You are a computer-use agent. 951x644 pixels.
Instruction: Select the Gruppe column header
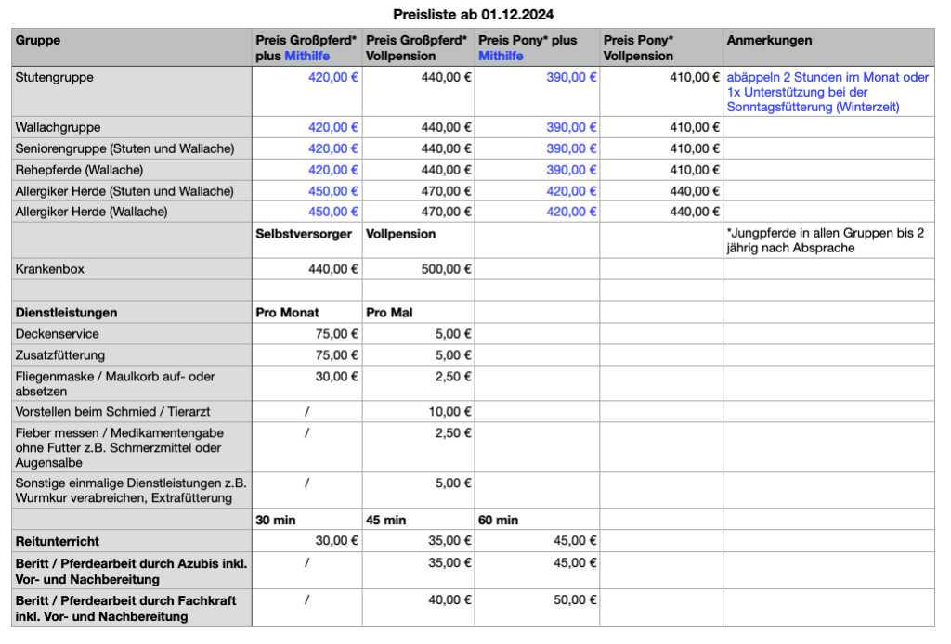tap(38, 41)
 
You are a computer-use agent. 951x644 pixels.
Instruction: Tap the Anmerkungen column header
tap(769, 41)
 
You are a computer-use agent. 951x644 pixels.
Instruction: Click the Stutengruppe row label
tap(55, 78)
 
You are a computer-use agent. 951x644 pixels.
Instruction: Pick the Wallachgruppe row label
tap(59, 127)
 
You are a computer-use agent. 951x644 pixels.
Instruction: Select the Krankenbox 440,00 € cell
tap(333, 270)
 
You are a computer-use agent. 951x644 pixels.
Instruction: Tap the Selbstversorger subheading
tap(304, 235)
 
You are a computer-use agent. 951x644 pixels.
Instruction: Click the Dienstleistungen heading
tap(67, 313)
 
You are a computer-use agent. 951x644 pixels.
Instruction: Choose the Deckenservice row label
tap(58, 334)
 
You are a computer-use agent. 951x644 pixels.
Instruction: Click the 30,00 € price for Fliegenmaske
tap(337, 377)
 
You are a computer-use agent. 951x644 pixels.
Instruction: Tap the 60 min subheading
tap(499, 520)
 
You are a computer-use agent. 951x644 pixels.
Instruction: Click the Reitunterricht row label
tap(58, 541)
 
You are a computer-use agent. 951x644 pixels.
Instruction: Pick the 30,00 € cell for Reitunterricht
tap(337, 541)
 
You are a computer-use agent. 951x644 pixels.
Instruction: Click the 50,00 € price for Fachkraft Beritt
tap(568, 600)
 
